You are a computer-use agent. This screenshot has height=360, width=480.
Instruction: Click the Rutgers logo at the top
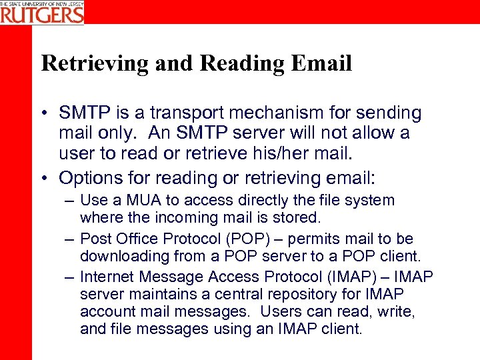coord(42,13)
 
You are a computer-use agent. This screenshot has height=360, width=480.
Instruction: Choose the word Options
coord(87,177)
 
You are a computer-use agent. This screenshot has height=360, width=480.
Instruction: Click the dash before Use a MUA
coord(69,201)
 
